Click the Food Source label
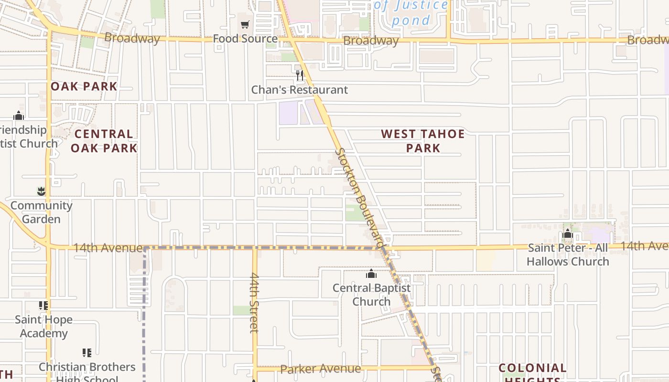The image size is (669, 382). coord(245,39)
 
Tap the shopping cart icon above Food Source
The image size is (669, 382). coord(245,25)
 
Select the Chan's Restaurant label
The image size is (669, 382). coord(300,90)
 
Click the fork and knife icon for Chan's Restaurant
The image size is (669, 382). coord(300,75)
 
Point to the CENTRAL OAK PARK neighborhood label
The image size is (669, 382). coord(104,141)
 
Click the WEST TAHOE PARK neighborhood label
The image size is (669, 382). coord(423,141)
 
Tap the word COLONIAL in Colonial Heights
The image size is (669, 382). coord(532,368)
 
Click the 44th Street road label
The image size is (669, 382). coord(254,303)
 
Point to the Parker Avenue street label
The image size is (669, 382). coord(320,369)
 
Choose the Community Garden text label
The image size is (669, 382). coord(41,212)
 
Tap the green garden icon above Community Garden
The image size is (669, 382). coord(41,191)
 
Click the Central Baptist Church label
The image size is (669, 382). coord(371,295)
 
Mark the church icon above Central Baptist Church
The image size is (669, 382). coord(371,274)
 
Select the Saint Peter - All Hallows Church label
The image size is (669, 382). coord(568,255)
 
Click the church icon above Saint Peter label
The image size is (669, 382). coord(568,234)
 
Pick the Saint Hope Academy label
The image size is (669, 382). coord(43,326)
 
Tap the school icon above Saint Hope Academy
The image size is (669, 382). coord(43,305)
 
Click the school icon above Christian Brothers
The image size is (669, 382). coord(86,353)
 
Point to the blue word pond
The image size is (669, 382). coord(411,21)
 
